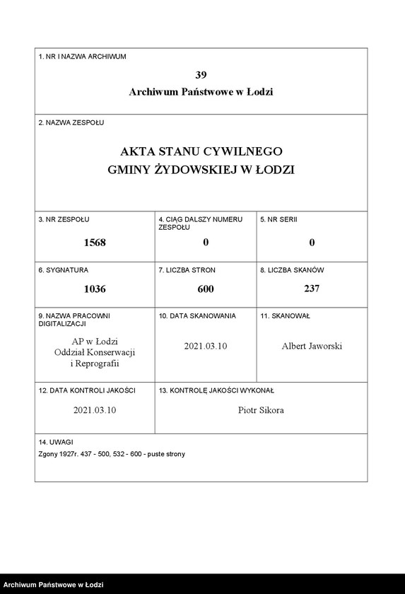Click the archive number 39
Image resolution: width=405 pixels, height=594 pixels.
(201, 74)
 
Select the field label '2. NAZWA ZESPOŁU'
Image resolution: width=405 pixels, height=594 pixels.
(71, 122)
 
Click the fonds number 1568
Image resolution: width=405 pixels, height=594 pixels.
(94, 243)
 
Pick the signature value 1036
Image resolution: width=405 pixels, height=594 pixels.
(94, 289)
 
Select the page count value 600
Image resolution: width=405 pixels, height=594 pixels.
(205, 289)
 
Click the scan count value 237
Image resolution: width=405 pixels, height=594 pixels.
(312, 289)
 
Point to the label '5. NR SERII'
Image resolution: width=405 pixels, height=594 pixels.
(278, 219)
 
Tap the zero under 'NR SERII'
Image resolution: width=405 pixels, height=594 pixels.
(312, 243)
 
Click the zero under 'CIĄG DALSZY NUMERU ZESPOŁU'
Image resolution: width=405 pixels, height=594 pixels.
(205, 243)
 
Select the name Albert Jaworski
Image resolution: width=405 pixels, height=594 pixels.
(312, 346)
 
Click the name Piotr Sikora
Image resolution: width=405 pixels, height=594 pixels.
(261, 410)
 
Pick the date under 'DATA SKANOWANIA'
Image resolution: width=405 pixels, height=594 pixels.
(205, 346)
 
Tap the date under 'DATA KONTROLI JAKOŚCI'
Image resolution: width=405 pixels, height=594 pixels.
(94, 410)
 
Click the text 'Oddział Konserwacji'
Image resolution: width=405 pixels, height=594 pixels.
(94, 352)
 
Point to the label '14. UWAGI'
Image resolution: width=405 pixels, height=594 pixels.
(56, 441)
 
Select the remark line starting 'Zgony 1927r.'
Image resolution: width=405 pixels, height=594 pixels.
(112, 454)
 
